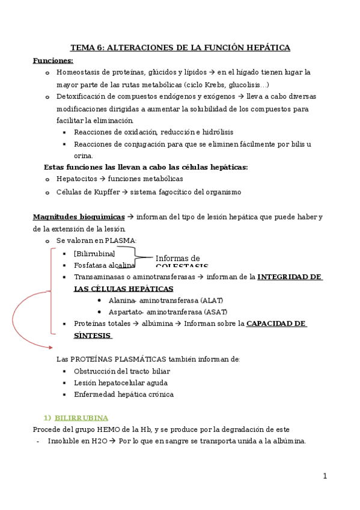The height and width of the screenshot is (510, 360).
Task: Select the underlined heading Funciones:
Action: pos(53,60)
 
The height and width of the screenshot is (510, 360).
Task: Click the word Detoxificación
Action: pos(82,96)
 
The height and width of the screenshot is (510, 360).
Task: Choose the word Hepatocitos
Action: pos(77,179)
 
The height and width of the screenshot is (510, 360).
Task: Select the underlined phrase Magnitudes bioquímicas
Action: pos(79,217)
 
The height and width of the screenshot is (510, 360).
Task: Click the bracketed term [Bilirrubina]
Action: pos(94,253)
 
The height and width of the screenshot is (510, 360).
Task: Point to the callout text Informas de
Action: pos(178,259)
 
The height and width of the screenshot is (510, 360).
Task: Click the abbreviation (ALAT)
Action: pos(213,300)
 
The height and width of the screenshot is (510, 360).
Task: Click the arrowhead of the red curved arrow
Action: pos(50,346)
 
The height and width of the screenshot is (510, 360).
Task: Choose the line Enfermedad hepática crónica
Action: pos(124,395)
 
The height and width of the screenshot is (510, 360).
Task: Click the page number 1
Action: pos(325,476)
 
